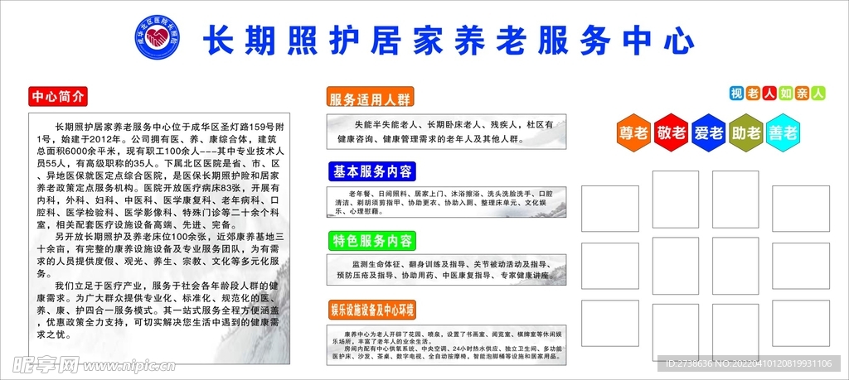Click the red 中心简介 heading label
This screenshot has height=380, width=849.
point(57,95)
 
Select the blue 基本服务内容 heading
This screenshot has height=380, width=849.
point(371,172)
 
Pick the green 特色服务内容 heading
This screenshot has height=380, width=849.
point(371,241)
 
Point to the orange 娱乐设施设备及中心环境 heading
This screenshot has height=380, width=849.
point(371,309)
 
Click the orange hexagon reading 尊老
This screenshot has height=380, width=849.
point(633,132)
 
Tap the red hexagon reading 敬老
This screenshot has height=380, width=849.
point(672,132)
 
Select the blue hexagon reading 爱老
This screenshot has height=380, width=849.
point(709,132)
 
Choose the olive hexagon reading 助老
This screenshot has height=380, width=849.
point(746,132)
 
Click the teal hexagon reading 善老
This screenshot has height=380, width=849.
point(783,132)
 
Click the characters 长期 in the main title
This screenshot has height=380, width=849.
point(233,38)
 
